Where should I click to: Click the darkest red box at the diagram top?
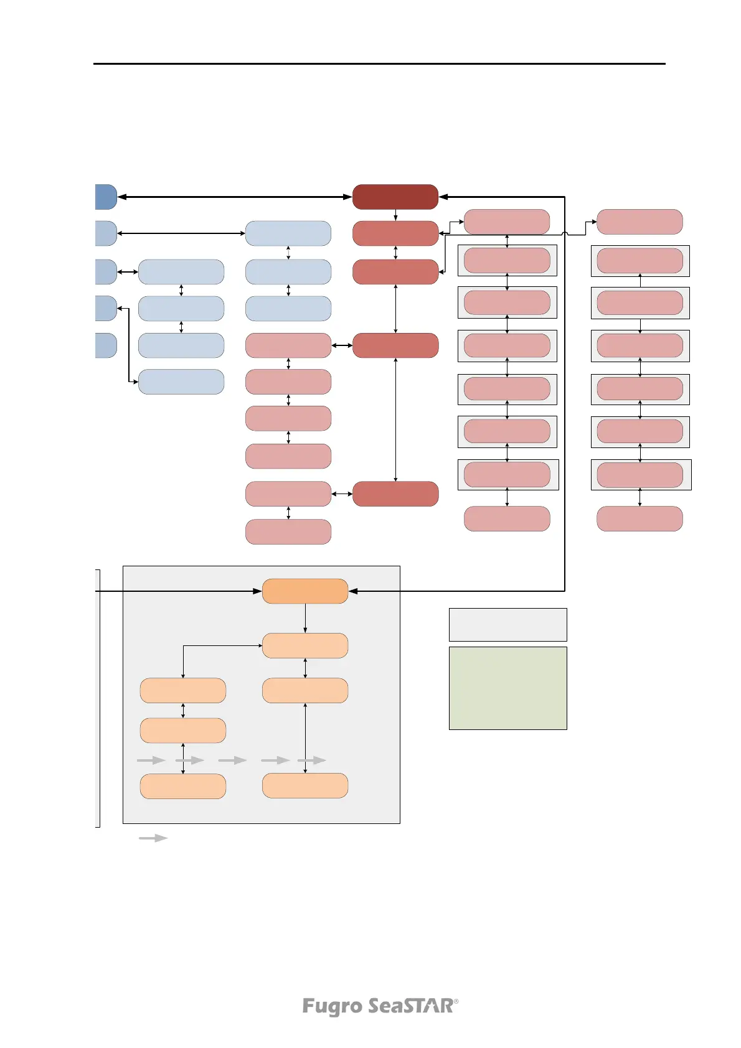click(x=395, y=197)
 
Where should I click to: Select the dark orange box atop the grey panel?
click(x=305, y=591)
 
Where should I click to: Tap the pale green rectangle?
click(x=507, y=688)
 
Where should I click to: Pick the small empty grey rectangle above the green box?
click(x=507, y=624)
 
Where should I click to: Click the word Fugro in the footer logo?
click(x=332, y=1006)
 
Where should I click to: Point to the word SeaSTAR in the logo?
click(x=410, y=1006)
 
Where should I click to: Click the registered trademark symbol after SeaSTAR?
click(x=456, y=1001)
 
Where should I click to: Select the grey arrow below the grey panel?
click(x=153, y=838)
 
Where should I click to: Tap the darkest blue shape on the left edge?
click(x=106, y=197)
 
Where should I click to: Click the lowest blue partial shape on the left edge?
click(x=106, y=345)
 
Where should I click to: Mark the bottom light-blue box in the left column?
click(x=181, y=381)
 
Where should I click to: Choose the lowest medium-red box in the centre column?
click(x=395, y=494)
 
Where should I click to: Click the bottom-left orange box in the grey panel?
click(x=183, y=786)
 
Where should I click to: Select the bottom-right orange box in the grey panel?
click(x=305, y=785)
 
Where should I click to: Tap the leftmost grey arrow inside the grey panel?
click(x=151, y=760)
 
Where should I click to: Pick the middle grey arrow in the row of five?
click(x=232, y=760)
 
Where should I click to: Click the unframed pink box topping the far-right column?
click(x=640, y=222)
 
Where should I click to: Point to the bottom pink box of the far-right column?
click(x=640, y=518)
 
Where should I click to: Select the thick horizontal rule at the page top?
click(x=379, y=63)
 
